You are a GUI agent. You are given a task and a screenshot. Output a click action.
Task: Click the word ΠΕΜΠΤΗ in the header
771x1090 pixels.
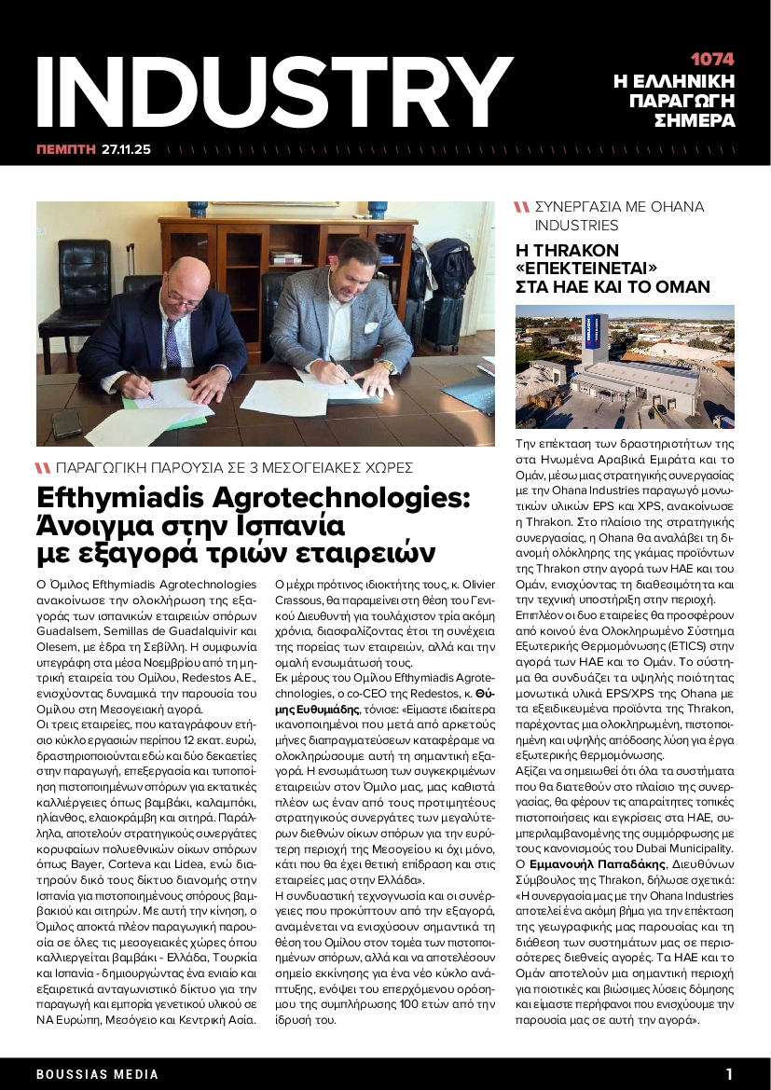[x=66, y=148]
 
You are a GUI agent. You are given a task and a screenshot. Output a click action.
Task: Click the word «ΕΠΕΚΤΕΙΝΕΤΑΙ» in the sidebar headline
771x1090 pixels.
[x=586, y=269]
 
